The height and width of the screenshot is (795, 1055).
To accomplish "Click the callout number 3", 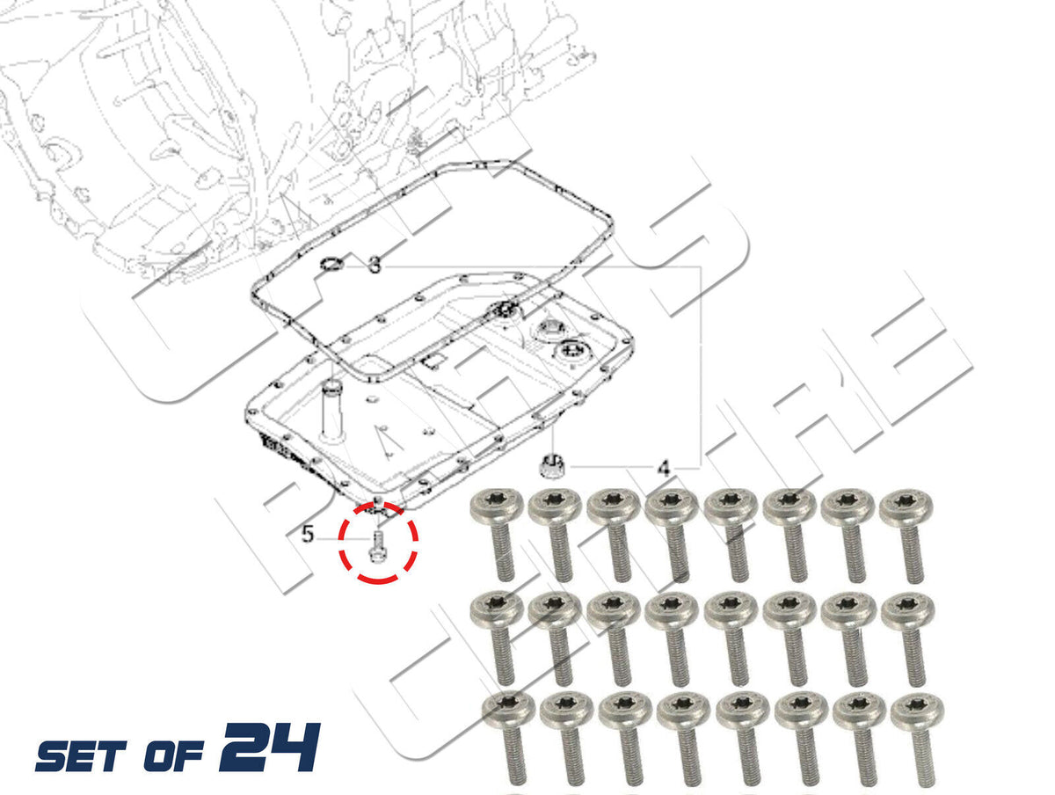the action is [374, 265].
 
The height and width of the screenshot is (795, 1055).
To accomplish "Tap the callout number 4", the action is [663, 468].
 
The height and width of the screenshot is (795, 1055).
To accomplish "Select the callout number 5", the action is [308, 534].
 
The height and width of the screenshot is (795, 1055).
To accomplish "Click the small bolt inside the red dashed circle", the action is [376, 546].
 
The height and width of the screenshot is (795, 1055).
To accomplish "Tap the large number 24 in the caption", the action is [271, 746].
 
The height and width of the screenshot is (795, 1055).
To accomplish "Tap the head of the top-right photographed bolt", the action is [906, 507].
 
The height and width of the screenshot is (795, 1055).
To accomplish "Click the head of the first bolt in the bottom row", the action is [508, 711].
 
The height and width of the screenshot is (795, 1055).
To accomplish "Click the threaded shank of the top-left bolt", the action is [502, 551].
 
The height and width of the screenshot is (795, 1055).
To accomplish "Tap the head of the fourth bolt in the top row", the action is [672, 507].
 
